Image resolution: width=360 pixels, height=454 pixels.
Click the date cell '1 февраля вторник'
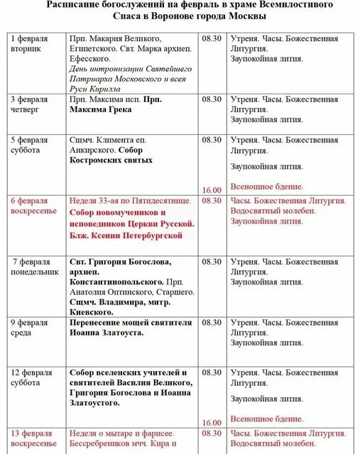[31, 44]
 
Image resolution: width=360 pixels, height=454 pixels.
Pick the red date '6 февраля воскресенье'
[34, 206]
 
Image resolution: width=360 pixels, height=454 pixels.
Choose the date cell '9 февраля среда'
[30, 326]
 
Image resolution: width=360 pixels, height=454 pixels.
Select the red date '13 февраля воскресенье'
[34, 438]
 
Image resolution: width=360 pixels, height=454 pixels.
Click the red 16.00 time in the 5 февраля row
[212, 190]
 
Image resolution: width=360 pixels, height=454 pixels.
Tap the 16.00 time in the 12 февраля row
[212, 423]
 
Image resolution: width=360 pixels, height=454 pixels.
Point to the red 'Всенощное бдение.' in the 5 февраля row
[266, 187]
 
